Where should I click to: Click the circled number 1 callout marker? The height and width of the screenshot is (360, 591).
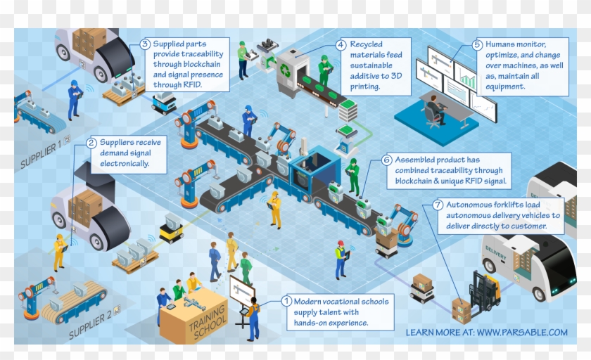tap(286, 301)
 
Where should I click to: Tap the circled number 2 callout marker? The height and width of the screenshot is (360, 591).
tap(91, 143)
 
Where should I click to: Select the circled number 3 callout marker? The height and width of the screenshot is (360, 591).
tap(145, 44)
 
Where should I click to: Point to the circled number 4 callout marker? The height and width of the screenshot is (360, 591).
tap(341, 44)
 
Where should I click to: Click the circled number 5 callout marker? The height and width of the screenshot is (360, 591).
tap(477, 44)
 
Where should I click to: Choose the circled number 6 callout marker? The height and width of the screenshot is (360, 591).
tap(387, 160)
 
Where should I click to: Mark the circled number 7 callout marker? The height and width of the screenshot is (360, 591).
tap(438, 205)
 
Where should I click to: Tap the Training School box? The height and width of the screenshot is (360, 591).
tap(194, 320)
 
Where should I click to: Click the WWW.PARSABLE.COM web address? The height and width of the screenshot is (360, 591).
tap(522, 332)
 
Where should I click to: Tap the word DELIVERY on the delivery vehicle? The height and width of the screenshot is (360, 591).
tap(495, 251)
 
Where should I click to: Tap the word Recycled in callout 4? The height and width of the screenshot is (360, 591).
tap(367, 44)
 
